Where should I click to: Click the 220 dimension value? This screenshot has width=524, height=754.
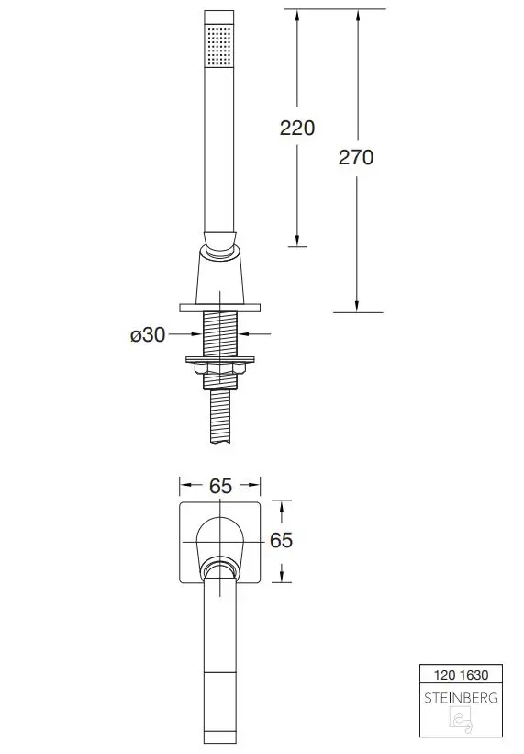point(297,128)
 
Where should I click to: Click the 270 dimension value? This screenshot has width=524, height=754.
point(356,157)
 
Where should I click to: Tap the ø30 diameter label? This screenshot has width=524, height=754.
point(148,334)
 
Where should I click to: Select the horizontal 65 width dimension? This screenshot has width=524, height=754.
point(220,486)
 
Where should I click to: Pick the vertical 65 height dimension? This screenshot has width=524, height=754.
point(281,541)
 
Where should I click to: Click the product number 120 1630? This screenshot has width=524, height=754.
point(461,675)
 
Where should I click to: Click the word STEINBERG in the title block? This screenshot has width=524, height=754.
point(461,698)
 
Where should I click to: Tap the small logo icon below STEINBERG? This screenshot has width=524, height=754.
point(461,719)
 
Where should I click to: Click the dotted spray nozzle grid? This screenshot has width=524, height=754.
point(219,46)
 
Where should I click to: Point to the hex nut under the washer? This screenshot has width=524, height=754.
point(220,368)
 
